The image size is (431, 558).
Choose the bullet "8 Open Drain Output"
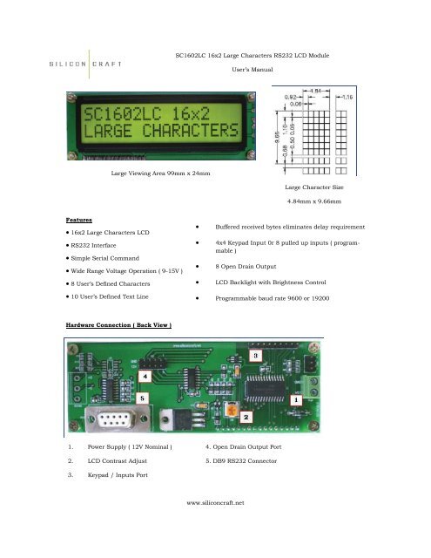[x=252, y=267]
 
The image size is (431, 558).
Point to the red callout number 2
[x=246, y=418]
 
